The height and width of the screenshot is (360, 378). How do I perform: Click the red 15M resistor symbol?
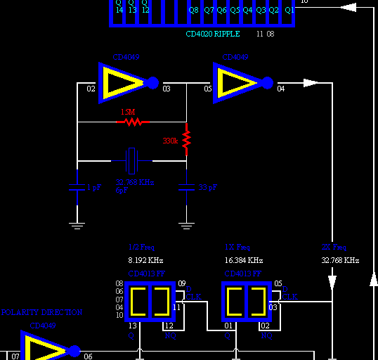click(133, 122)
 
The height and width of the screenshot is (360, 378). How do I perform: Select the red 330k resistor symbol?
click(186, 139)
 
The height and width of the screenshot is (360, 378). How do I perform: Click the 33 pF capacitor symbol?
click(186, 187)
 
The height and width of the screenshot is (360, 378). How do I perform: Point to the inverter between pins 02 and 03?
click(124, 83)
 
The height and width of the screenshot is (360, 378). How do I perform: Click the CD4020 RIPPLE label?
click(213, 34)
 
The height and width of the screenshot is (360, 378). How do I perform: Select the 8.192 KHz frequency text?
click(145, 260)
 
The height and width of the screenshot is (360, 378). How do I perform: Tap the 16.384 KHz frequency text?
click(244, 260)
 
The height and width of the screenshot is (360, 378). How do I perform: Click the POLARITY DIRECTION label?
click(41, 311)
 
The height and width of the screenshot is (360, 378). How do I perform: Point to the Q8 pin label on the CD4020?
click(193, 10)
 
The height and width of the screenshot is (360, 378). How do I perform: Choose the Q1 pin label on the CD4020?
click(289, 10)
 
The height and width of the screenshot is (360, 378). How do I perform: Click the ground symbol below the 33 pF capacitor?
click(186, 226)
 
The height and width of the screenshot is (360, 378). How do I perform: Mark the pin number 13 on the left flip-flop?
click(131, 326)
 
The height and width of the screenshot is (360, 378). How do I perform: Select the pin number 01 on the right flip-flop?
click(228, 326)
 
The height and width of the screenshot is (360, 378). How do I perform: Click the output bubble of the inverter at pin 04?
click(267, 83)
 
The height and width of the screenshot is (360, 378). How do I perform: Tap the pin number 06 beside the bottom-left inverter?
click(88, 356)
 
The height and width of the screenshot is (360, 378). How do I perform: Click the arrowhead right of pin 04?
click(311, 83)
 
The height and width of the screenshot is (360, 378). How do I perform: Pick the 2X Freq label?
click(334, 247)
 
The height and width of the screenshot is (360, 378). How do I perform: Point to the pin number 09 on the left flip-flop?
click(181, 283)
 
